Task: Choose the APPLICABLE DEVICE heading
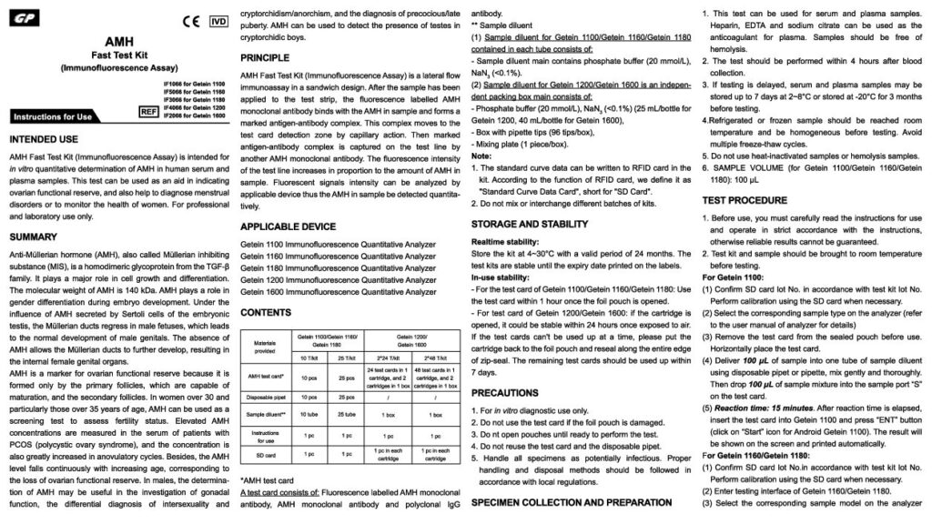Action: click(287, 225)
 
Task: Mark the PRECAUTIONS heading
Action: click(504, 393)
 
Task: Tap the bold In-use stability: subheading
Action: click(501, 276)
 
